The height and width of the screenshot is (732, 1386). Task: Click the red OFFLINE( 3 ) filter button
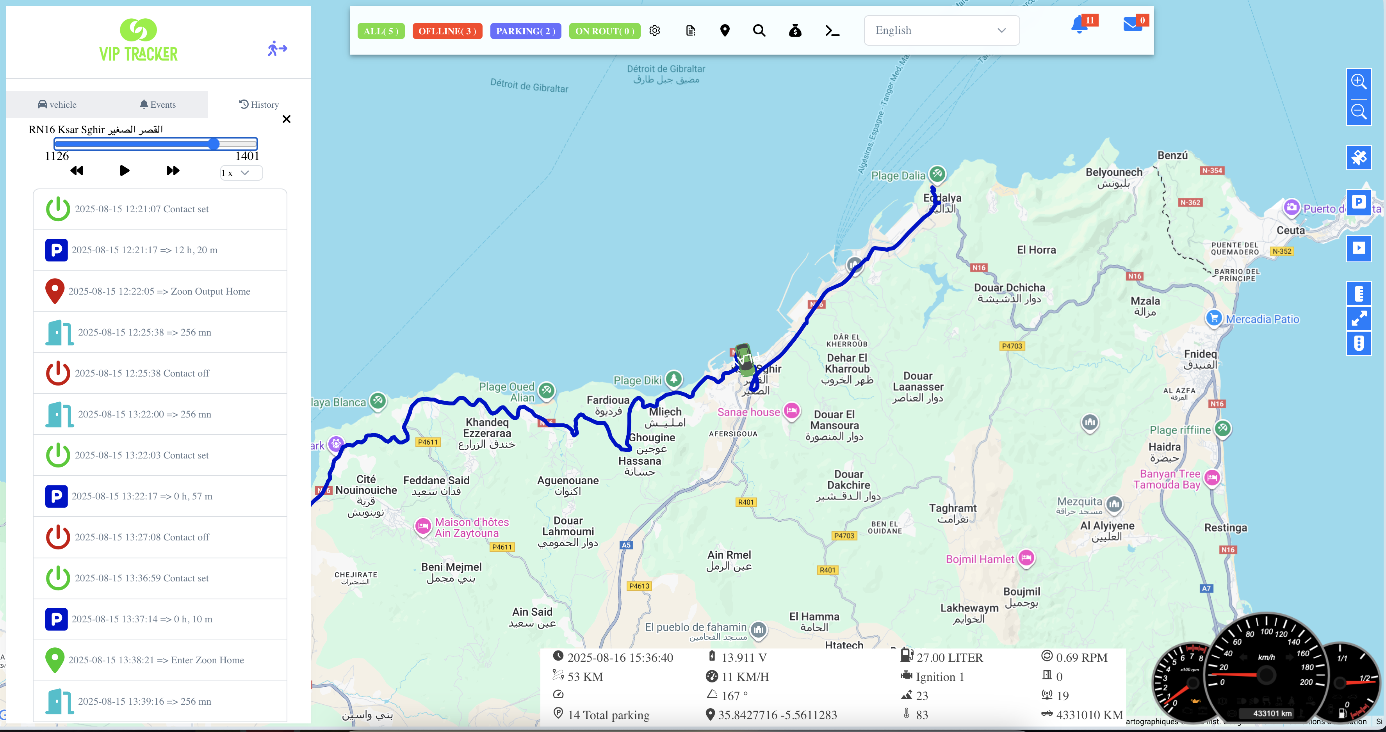coord(447,31)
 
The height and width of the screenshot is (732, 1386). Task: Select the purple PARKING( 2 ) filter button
coord(525,31)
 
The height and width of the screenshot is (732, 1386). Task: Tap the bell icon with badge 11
coord(1079,25)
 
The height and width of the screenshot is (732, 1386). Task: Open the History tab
coord(259,104)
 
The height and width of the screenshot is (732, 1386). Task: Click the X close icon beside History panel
coord(286,119)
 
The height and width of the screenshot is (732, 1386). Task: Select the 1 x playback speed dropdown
coord(241,172)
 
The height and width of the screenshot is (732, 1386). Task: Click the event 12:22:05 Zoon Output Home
coord(159,291)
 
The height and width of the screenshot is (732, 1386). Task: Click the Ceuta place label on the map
coord(1290,230)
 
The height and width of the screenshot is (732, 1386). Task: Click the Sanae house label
coord(748,412)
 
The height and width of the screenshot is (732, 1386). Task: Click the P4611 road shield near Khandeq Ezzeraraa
coord(428,442)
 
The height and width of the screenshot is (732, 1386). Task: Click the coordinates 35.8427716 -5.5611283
coord(777,715)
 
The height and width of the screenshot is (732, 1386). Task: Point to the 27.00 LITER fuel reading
coord(949,657)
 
